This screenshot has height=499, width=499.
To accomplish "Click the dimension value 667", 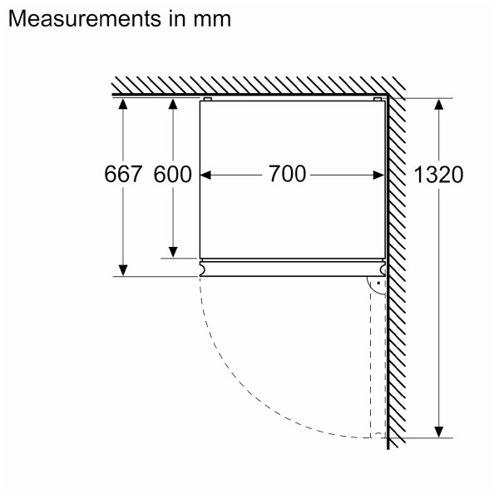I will coord(123,175).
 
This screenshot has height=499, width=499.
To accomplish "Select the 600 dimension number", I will coord(173,175).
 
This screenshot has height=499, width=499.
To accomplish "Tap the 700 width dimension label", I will coord(288,175).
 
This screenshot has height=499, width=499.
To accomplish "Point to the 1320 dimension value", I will coord(437,175).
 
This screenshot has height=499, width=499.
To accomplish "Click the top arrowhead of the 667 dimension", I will coord(123,103).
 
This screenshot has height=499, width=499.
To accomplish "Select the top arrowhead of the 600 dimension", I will coord(173,103).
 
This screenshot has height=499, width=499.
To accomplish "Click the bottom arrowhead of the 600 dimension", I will coord(173,251).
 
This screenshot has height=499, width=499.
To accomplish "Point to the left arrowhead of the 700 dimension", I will coord(207,175).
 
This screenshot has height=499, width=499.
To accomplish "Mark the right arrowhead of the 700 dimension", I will coord(380,175).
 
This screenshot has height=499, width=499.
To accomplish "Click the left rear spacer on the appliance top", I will coord(207,100).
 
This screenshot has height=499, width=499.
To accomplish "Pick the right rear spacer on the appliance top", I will coord(378,100).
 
